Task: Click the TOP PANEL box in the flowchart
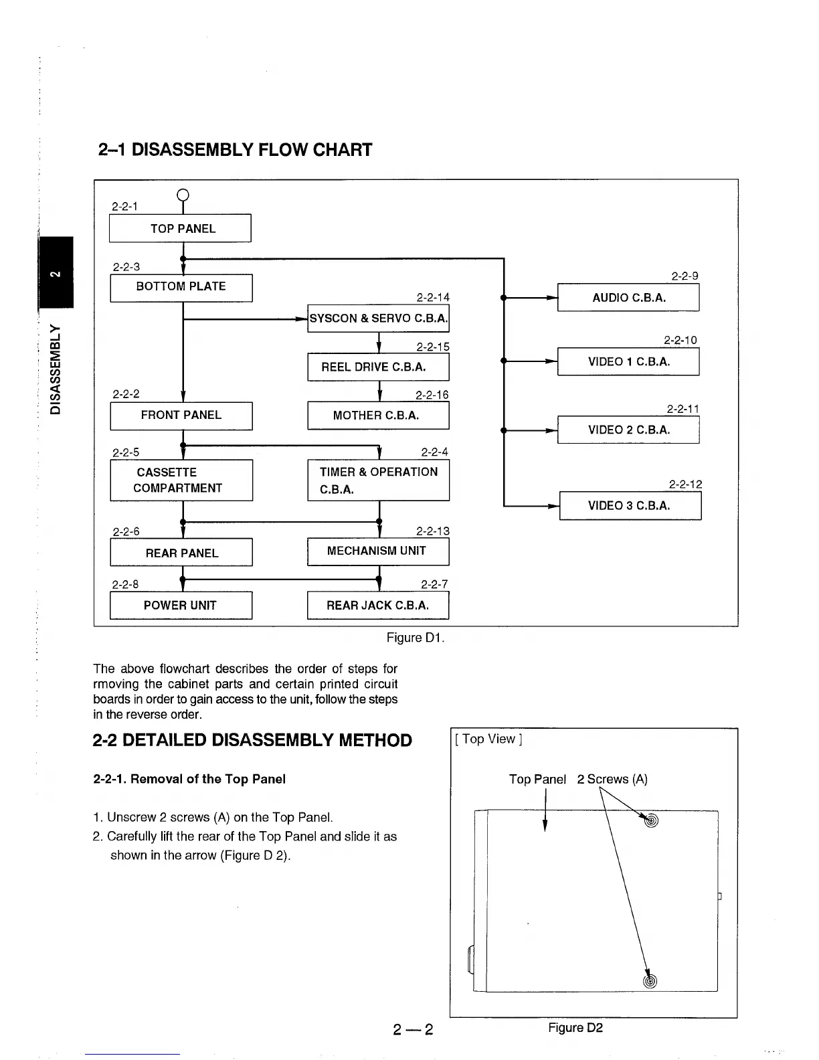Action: click(x=180, y=228)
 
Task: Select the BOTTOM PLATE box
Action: click(x=181, y=287)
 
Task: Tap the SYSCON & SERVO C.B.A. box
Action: click(x=378, y=319)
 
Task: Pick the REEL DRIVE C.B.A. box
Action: click(x=378, y=367)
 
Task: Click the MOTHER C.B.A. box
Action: click(x=378, y=415)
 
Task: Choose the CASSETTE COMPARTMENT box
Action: click(x=181, y=480)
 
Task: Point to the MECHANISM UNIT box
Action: click(x=378, y=551)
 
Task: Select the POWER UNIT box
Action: click(x=181, y=606)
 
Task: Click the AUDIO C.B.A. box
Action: click(x=628, y=298)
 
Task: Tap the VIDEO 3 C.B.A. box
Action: click(x=630, y=506)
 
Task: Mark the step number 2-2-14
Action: click(x=433, y=297)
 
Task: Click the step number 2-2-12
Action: click(x=685, y=484)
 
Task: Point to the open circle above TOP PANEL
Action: click(x=183, y=195)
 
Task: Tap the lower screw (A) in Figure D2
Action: click(x=650, y=982)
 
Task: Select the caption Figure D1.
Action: click(x=416, y=638)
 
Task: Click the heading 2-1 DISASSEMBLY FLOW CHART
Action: click(x=235, y=149)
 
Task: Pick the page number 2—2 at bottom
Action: click(x=414, y=1030)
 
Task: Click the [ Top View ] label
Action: click(x=488, y=739)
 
